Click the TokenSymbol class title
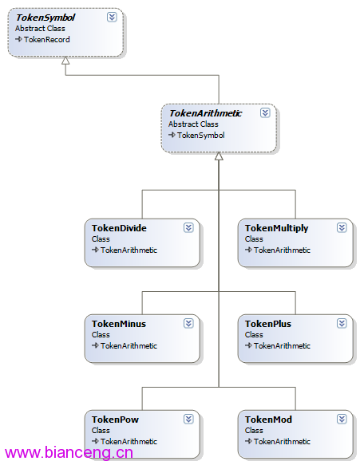pyautogui.click(x=45, y=18)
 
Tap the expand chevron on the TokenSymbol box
pyautogui.click(x=112, y=18)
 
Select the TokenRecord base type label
pyautogui.click(x=47, y=39)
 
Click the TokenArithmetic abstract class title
pyautogui.click(x=205, y=113)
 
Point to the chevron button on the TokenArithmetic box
pyautogui.click(x=265, y=113)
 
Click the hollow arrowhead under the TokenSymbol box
pyautogui.click(x=65, y=61)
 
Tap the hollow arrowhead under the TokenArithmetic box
pyautogui.click(x=219, y=156)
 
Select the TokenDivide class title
pyautogui.click(x=119, y=228)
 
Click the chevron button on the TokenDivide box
pyautogui.click(x=188, y=228)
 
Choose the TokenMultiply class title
pyautogui.click(x=277, y=228)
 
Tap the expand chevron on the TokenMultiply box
pyautogui.click(x=342, y=228)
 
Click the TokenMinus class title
pyautogui.click(x=119, y=324)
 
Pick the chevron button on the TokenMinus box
pyautogui.click(x=188, y=323)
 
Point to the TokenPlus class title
pyautogui.click(x=268, y=324)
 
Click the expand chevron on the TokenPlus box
pyautogui.click(x=342, y=323)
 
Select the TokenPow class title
pyautogui.click(x=115, y=420)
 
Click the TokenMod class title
pyautogui.click(x=268, y=420)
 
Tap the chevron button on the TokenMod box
pyautogui.click(x=342, y=419)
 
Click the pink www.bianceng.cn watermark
pyautogui.click(x=69, y=453)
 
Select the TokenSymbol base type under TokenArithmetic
pyautogui.click(x=201, y=136)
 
